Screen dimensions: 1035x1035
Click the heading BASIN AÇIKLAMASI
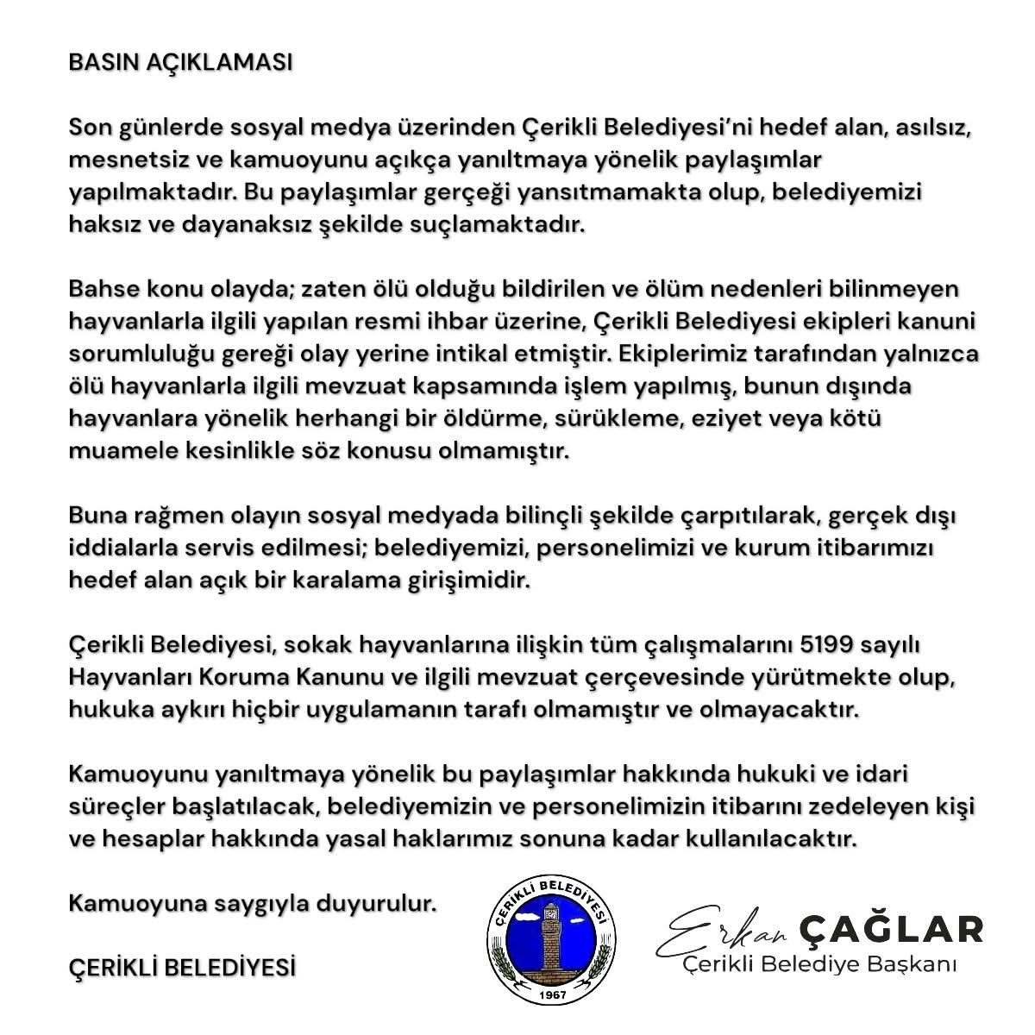[x=180, y=65]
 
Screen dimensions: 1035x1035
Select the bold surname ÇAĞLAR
[x=892, y=929]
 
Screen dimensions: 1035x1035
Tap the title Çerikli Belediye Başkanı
[x=819, y=963]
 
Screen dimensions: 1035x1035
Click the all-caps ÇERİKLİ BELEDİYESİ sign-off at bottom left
[x=182, y=968]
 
